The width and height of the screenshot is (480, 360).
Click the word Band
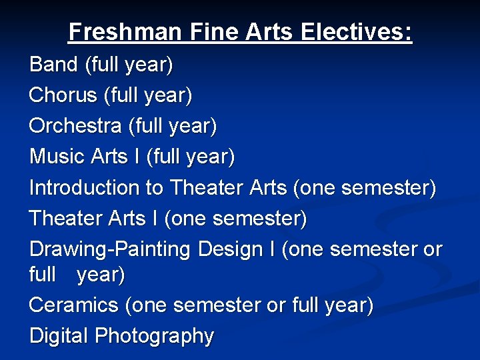point(54,65)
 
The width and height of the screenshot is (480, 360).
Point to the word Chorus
point(63,95)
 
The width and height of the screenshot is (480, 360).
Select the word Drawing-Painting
point(110,249)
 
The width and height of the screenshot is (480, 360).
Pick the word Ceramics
point(73,305)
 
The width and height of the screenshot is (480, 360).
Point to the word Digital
point(59,335)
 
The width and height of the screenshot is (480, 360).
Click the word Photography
point(154,336)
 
